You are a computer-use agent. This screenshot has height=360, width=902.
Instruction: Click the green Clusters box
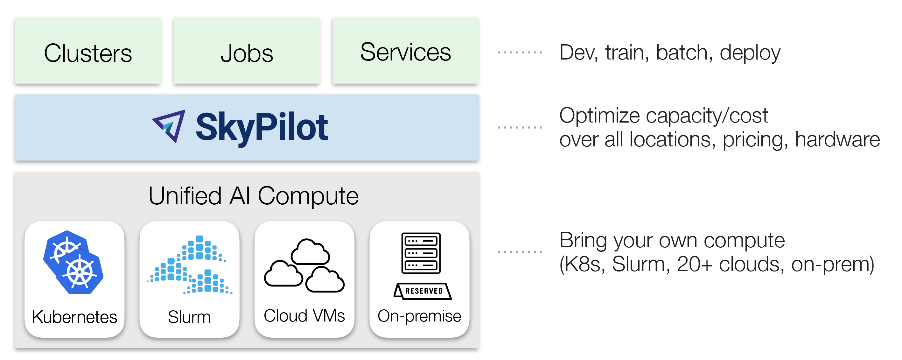pos(88,51)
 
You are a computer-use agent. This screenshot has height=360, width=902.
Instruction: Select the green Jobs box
pos(247,51)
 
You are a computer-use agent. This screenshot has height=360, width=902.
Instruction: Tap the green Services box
pos(405,51)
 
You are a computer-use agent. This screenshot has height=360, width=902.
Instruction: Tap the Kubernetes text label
pos(74,317)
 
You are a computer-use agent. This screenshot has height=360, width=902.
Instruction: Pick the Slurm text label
pos(189,317)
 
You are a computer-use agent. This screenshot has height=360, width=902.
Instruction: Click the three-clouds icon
pos(304,266)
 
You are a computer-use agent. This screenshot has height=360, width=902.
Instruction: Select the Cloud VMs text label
pos(304,316)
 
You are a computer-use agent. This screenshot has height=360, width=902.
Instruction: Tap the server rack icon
pos(421,253)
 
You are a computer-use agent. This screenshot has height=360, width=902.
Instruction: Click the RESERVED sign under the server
pos(423,291)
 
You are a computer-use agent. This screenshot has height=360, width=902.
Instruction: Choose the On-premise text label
pos(419,316)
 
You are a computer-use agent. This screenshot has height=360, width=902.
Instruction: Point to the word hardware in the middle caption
pos(837,139)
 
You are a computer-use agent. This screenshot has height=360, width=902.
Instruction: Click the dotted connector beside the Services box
pos(520,53)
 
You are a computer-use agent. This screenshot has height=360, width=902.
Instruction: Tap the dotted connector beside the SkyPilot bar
pos(520,127)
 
